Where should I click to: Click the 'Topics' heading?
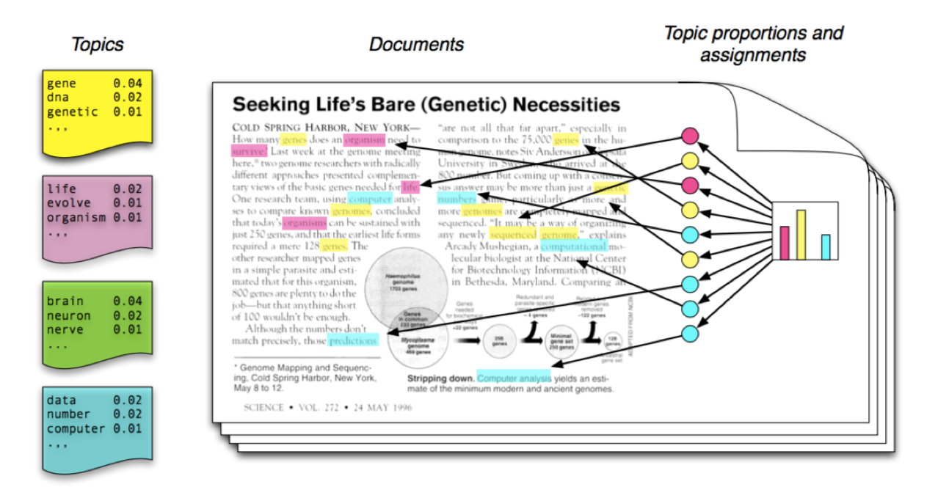point(97,44)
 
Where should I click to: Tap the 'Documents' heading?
point(416,44)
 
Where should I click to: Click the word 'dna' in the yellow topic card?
point(58,98)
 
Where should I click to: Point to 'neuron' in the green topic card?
point(69,315)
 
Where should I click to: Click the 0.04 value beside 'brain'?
point(127,301)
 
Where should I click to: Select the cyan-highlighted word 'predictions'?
point(353,340)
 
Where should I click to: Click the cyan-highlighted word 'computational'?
point(573,246)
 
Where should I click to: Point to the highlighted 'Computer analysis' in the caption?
point(514,378)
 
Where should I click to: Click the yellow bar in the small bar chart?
point(801,235)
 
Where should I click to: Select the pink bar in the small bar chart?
point(784,243)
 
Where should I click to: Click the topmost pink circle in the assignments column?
point(689,136)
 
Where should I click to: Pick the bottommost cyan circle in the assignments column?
point(689,333)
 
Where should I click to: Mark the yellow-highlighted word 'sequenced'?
point(513,235)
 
